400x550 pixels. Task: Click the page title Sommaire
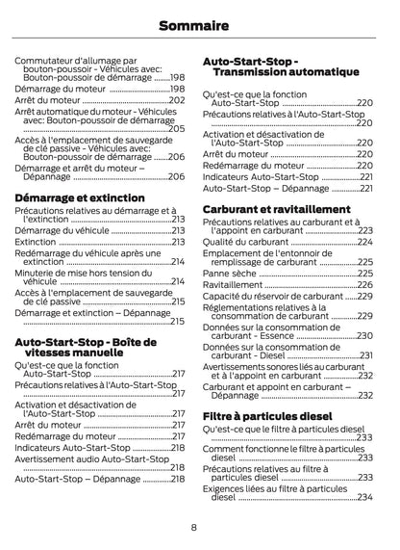[200, 25]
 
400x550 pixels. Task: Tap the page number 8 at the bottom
[194, 527]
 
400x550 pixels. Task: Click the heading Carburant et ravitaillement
[276, 209]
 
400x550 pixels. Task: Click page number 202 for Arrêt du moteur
[177, 100]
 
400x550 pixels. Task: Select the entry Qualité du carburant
[245, 243]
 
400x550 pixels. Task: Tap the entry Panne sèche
[230, 274]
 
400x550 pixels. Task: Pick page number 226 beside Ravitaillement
[365, 285]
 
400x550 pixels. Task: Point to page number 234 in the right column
[365, 497]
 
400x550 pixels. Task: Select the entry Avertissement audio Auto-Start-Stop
[91, 459]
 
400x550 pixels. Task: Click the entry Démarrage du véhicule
[62, 231]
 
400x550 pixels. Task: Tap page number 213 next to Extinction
[177, 243]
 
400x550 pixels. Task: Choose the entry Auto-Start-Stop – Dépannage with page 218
[78, 479]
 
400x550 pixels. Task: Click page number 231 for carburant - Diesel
[365, 355]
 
